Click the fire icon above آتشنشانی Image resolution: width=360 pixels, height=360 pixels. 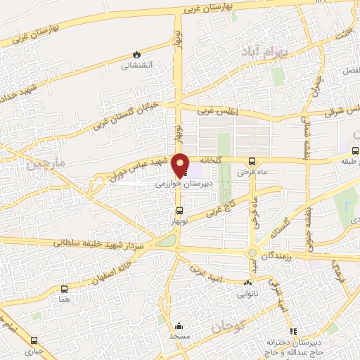click(136, 55)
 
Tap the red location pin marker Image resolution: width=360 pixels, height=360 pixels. click(181, 165)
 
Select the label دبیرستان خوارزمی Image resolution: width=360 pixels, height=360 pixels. click(182, 181)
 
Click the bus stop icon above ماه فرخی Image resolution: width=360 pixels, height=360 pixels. click(252, 161)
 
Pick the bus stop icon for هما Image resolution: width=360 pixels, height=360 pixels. click(65, 289)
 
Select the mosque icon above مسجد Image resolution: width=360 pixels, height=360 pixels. click(179, 326)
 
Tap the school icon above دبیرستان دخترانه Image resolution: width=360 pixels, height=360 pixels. click(293, 331)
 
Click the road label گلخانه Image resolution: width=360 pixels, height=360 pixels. click(210, 160)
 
